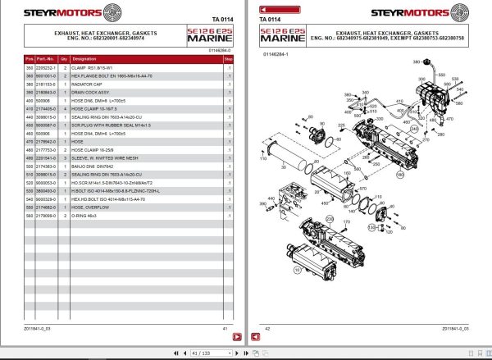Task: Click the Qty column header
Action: point(63,60)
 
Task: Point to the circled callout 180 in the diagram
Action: point(401,174)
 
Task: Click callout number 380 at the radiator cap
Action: point(415,62)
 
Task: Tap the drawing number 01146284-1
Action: point(276,55)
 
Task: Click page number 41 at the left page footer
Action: point(224,328)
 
